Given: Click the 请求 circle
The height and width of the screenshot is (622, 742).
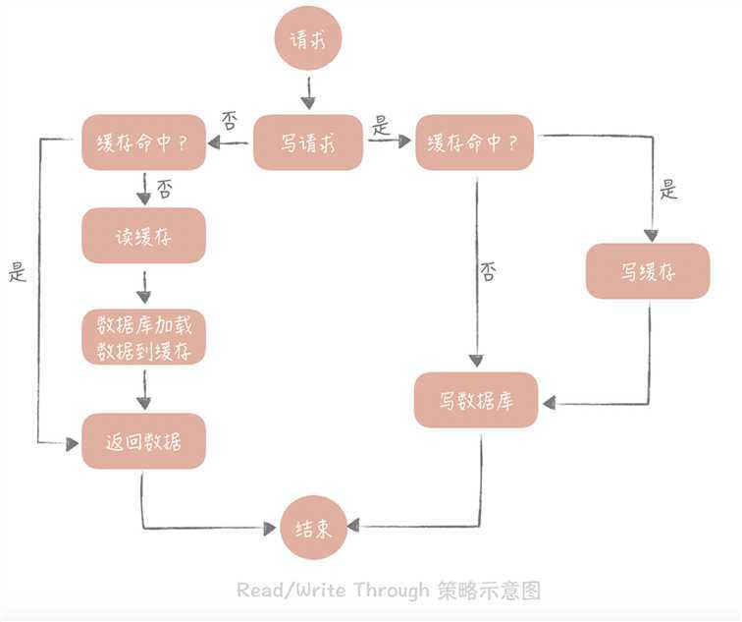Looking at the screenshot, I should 309,41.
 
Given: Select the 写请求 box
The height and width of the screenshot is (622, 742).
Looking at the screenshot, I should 308,142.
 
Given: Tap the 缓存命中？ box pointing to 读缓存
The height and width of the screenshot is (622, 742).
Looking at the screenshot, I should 143,142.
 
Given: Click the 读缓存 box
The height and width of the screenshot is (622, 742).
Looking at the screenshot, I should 143,235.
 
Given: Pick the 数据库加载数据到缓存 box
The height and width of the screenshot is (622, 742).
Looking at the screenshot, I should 143,337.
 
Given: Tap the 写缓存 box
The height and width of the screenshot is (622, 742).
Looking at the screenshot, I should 648,271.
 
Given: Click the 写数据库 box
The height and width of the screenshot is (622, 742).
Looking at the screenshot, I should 476,400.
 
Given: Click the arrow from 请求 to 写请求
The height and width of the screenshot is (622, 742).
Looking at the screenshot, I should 308,92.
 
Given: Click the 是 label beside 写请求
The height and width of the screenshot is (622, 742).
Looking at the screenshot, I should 381,126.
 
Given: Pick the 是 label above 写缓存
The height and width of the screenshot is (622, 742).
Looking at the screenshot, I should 668,189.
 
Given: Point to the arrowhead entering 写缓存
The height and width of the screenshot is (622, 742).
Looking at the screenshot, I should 650,234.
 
